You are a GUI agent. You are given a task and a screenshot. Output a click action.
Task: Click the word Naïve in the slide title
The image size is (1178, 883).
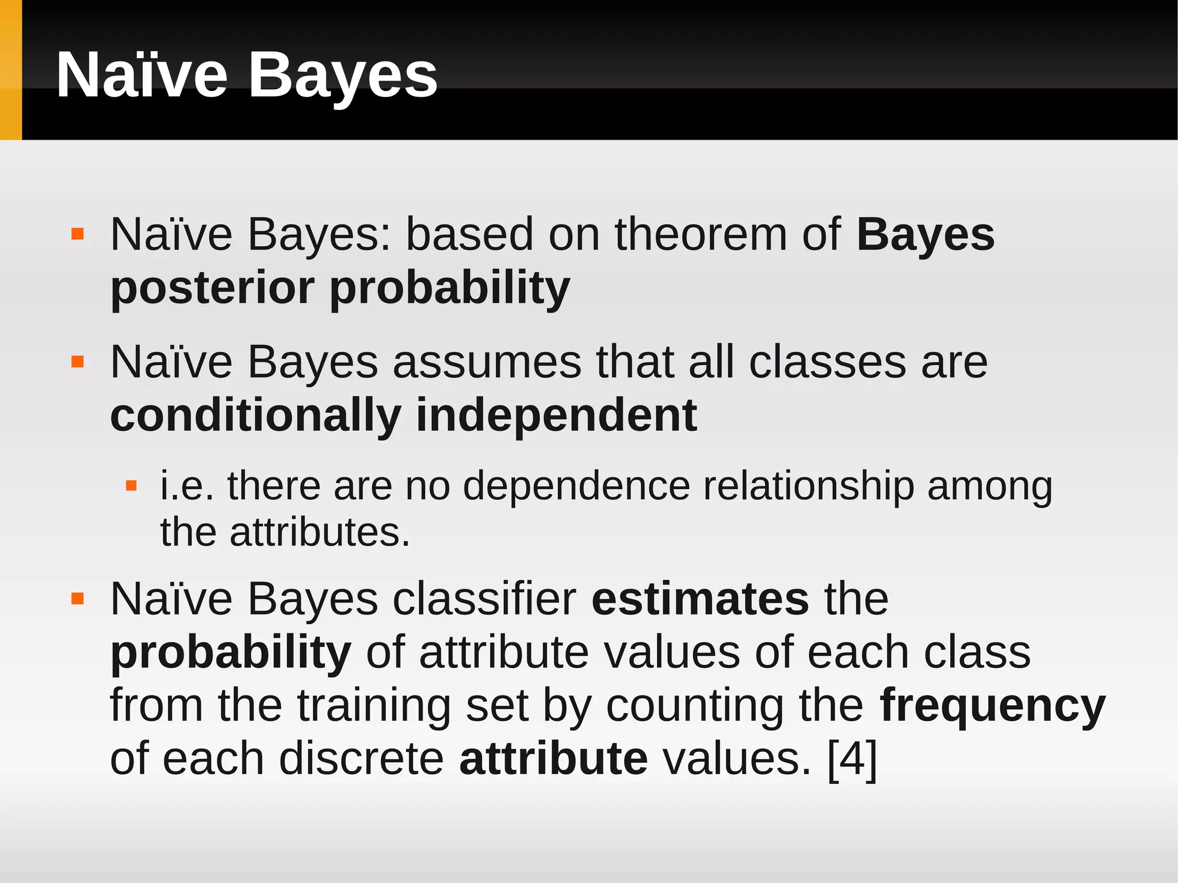142,76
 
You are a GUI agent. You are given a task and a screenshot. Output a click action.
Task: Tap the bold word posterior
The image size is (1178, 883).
212,288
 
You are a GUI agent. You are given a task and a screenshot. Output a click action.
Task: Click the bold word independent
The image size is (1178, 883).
556,415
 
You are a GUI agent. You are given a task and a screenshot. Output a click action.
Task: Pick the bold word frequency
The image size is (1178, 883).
992,706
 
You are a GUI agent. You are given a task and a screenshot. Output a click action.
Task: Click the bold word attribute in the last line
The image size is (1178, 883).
553,759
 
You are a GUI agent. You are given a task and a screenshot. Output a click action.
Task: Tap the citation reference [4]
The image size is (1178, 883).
852,759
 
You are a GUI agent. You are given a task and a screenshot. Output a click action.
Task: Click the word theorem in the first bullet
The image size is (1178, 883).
701,235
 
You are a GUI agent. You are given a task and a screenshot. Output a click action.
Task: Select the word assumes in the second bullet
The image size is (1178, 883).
487,362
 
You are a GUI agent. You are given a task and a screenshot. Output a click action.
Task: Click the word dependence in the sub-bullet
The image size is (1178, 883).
576,487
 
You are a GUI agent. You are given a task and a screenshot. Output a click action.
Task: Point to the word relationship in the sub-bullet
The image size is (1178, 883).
808,487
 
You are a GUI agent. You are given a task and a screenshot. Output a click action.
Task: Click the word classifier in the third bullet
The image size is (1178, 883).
484,599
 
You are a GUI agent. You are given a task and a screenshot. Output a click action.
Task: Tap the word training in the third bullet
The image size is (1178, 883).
374,706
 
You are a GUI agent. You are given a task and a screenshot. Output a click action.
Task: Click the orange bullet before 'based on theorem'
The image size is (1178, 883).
78,234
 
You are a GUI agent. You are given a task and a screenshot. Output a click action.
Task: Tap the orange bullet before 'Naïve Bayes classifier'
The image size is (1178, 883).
78,599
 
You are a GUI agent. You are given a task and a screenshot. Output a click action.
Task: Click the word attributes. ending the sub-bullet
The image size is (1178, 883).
320,533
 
